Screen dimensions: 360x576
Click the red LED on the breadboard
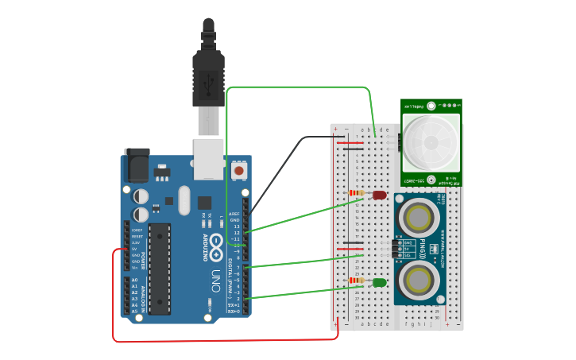pos(380,195)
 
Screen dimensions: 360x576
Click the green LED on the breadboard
pos(380,282)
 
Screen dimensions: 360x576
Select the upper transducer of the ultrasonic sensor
pos(419,217)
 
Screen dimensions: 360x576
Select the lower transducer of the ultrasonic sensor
pos(419,280)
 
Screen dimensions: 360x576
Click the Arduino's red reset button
pos(238,170)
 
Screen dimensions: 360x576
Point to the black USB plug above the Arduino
pos(208,79)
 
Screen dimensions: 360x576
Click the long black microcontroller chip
pos(159,269)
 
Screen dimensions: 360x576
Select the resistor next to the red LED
pos(358,193)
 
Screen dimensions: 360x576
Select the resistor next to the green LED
pos(358,281)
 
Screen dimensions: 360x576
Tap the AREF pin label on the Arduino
pos(234,214)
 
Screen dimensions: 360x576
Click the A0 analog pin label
pos(134,280)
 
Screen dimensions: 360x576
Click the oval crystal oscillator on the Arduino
pos(184,200)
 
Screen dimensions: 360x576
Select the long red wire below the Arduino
pos(222,341)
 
